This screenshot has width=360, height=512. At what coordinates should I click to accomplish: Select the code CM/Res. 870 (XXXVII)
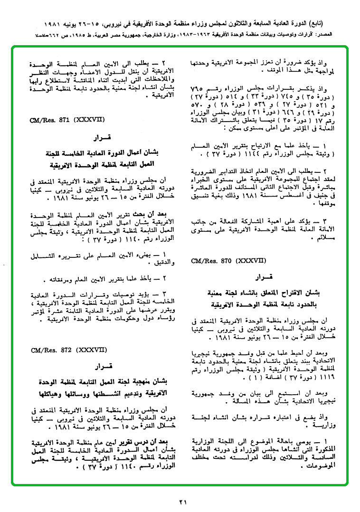click(x=220, y=261)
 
